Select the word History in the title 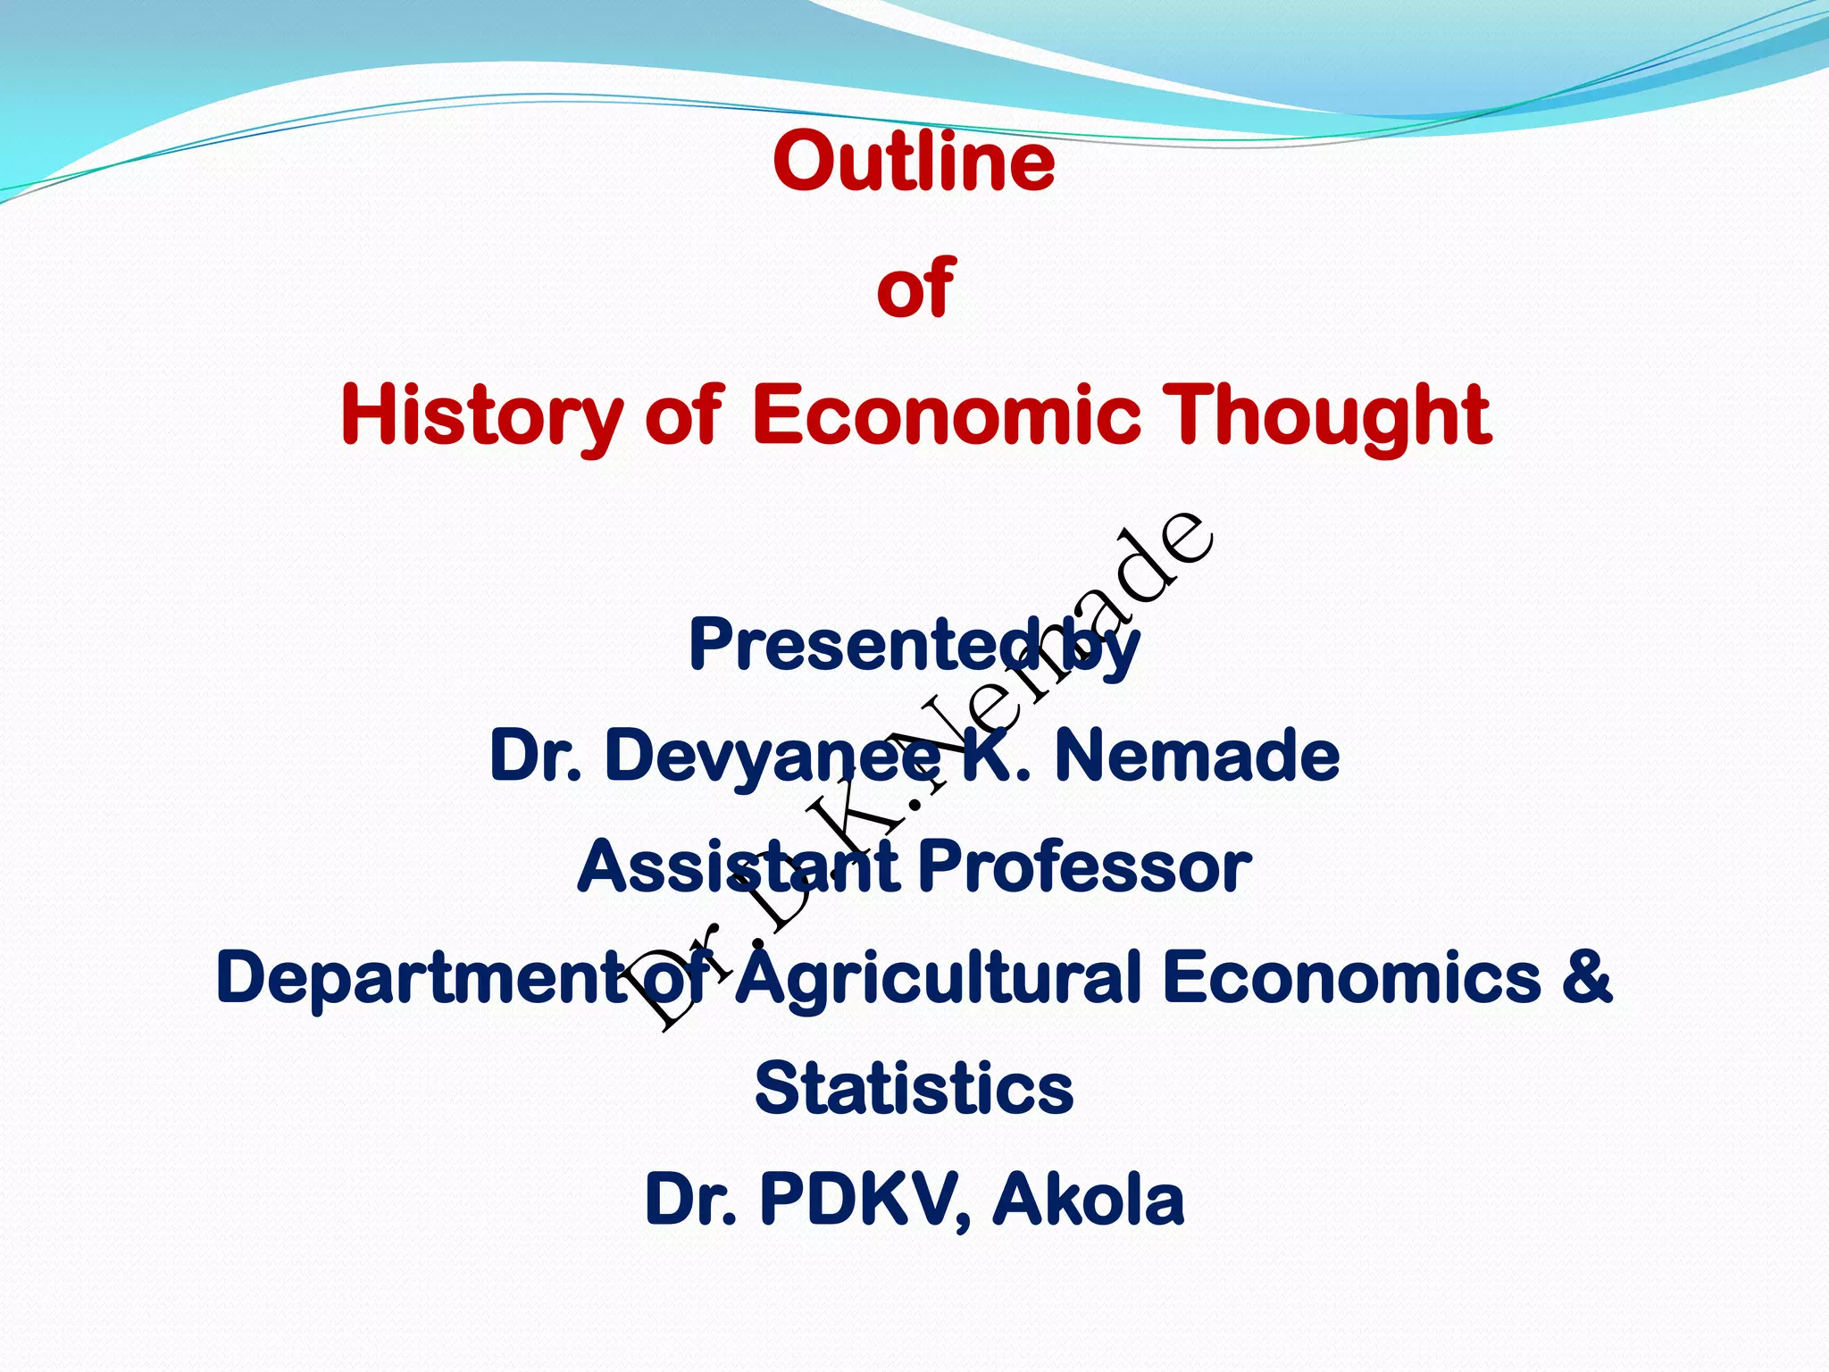[481, 416]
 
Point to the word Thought [1330, 416]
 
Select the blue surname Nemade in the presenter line [1197, 756]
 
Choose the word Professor [1084, 866]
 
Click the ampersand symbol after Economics [1587, 977]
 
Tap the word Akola [1089, 1199]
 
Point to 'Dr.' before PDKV [690, 1199]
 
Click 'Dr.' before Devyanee [536, 756]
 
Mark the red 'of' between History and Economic [683, 414]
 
